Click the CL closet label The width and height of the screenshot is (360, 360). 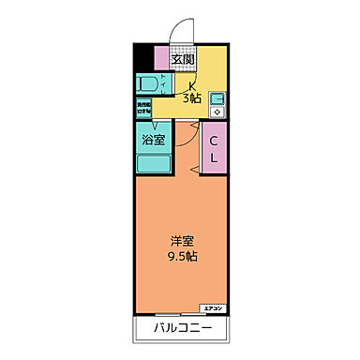click(214, 150)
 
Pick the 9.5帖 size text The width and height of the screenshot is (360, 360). click(183, 256)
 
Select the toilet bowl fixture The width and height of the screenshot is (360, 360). click(147, 84)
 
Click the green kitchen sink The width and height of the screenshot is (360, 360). click(217, 97)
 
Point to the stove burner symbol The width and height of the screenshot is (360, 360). click(217, 111)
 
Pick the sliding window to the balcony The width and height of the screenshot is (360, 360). click(169, 312)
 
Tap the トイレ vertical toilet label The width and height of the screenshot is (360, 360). click(165, 84)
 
